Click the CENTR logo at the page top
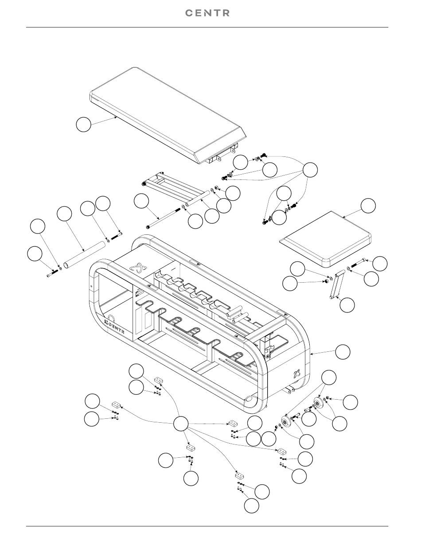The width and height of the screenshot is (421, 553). coord(207,13)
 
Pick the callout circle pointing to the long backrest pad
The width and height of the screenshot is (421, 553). coord(83,124)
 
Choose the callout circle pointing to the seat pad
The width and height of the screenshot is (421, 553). coord(368,206)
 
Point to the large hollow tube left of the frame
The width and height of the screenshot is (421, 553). coord(84,254)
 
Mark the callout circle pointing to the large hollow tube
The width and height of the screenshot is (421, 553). coord(64,214)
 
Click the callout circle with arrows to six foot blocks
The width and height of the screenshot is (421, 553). coord(181,424)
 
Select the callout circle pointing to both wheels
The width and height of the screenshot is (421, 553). coord(329,378)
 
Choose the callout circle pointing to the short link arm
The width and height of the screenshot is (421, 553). coord(347,305)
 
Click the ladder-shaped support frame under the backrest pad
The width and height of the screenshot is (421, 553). coord(176,188)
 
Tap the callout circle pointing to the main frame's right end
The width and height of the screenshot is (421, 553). coord(343,351)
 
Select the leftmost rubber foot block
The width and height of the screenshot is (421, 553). coord(116,405)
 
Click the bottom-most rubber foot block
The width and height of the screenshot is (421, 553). coord(240,475)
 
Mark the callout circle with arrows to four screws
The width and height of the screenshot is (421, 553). coord(310,170)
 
